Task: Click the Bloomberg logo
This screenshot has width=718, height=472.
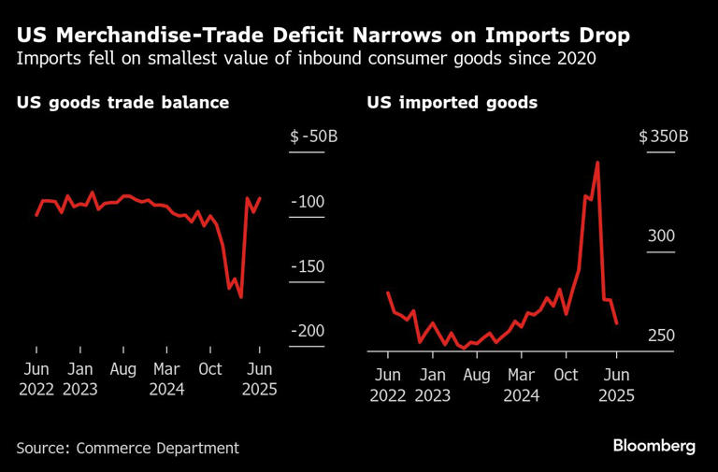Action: coord(654,446)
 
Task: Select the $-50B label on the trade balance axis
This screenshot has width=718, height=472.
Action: coord(314,136)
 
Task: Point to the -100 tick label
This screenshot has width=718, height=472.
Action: coord(308,202)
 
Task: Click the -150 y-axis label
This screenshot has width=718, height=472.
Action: coord(308,266)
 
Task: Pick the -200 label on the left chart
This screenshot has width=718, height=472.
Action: coord(308,331)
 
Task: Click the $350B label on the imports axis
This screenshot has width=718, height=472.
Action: coord(664,136)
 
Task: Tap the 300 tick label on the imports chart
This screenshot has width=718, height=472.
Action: coord(661,236)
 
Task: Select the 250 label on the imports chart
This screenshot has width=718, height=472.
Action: coord(661,336)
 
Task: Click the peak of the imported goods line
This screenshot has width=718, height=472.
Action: coord(597,162)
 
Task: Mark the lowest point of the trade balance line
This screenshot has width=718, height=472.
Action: coord(241,297)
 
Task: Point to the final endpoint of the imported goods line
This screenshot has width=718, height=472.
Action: coord(617,323)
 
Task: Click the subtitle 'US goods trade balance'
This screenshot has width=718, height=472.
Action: coord(122,103)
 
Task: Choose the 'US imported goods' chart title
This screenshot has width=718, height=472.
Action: coord(452,103)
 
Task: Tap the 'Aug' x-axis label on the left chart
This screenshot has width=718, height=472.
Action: coord(123,369)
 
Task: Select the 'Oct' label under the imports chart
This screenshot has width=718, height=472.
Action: coord(566,375)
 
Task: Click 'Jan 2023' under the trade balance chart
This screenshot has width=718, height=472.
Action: coord(80,379)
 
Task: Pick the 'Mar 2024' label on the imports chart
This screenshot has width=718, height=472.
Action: coord(522,385)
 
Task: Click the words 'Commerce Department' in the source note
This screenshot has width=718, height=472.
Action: coord(157,448)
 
